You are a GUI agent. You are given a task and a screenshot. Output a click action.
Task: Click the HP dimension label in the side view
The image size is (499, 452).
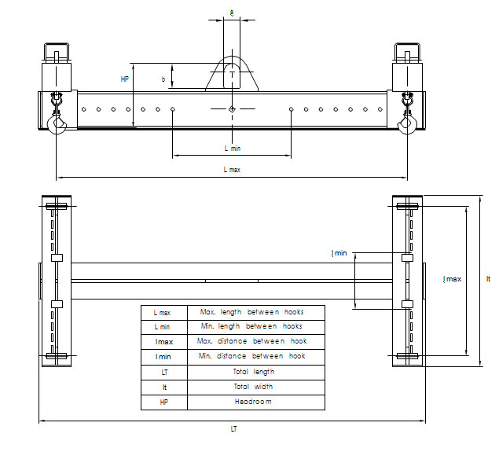pos(125,79)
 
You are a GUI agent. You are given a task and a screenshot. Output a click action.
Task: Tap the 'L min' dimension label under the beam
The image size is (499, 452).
pos(232,148)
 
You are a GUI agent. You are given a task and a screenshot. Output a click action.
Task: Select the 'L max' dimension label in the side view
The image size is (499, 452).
pos(232,170)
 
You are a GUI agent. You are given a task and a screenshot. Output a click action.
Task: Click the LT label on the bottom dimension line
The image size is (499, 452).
pos(233,429)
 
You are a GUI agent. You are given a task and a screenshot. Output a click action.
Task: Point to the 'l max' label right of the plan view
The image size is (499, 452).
pos(453,279)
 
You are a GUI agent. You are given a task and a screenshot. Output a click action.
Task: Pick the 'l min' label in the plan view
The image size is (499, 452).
pos(339,253)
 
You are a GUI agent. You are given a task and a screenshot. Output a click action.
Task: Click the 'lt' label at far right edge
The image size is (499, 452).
pos(488,279)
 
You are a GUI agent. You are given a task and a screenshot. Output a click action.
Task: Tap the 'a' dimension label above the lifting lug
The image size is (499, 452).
pos(231,12)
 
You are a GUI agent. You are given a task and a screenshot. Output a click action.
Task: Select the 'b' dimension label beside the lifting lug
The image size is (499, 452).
pos(163,79)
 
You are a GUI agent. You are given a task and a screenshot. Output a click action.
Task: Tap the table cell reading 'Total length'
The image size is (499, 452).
pos(251,372)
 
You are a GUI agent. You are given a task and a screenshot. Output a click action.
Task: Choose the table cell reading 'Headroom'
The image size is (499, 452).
pos(251,402)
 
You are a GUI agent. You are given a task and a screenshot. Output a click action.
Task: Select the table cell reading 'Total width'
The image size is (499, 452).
pos(251,387)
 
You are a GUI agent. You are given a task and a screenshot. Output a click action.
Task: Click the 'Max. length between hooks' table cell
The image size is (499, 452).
pos(251,312)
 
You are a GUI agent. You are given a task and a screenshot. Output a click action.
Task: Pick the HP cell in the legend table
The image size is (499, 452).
pos(163,402)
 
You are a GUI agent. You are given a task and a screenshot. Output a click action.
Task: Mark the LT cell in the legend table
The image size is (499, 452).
pos(163,372)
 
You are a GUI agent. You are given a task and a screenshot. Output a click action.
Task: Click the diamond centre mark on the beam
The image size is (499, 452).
pos(231,108)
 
